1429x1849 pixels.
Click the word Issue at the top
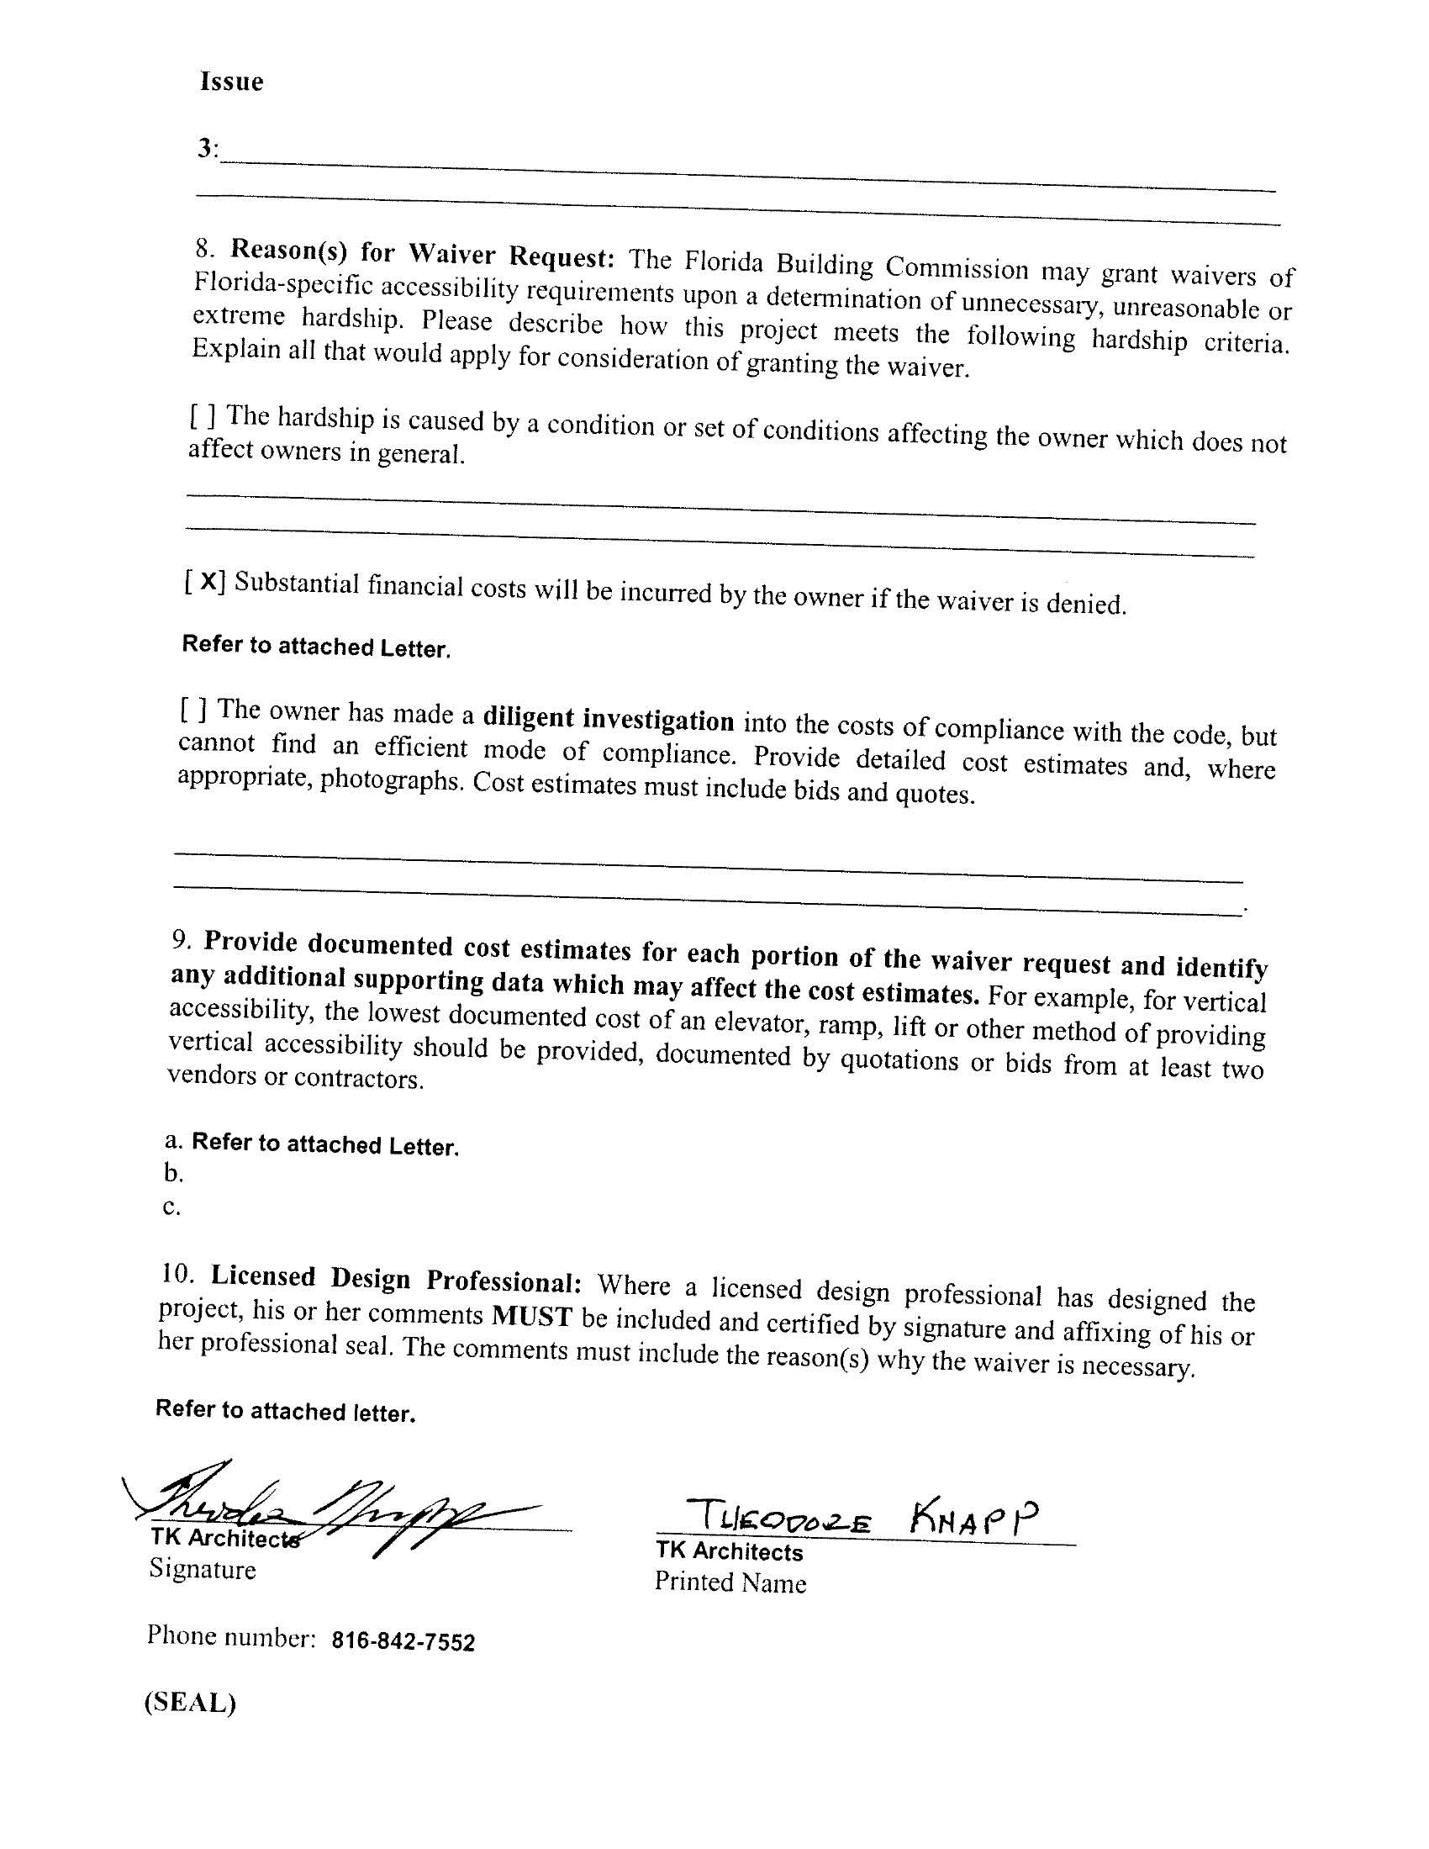pos(231,82)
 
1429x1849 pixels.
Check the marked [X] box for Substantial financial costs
pos(205,581)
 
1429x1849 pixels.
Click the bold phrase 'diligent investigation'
pos(608,719)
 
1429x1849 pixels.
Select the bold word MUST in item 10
pos(532,1317)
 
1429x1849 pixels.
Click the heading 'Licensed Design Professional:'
pos(395,1278)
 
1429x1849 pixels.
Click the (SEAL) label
pos(190,1704)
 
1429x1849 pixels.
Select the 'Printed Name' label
pos(730,1582)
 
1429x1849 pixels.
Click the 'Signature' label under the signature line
pos(203,1569)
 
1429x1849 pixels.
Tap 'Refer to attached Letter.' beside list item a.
pos(325,1144)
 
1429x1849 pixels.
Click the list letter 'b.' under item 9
pos(173,1174)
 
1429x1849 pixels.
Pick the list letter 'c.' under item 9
pos(171,1207)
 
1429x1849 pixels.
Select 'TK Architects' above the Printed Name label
pos(729,1551)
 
